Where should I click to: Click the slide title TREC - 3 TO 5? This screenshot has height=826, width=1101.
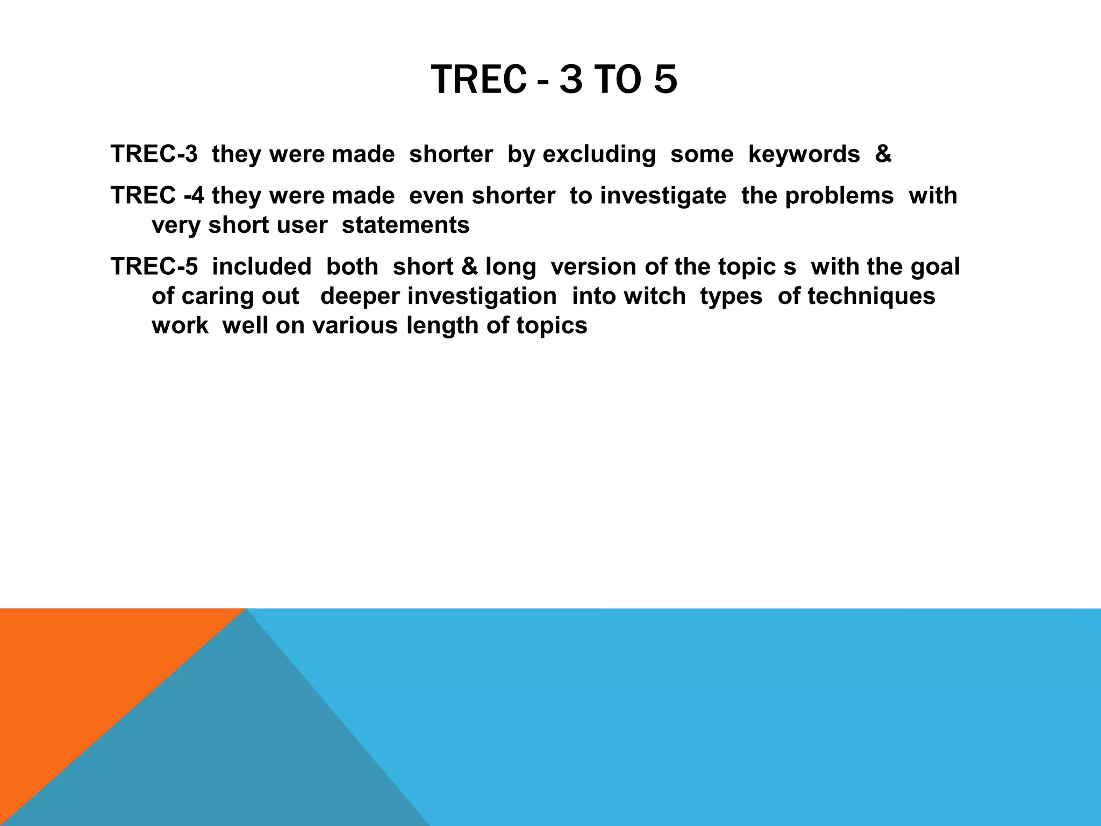coord(554,80)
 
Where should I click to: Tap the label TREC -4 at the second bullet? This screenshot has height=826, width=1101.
coord(157,195)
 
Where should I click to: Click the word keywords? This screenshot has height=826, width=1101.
coord(804,154)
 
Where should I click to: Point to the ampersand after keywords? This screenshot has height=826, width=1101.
coord(883,154)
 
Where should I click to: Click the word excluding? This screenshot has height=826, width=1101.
coord(599,154)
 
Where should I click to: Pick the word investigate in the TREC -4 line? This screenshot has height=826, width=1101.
coord(663,195)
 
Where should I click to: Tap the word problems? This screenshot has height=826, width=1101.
coord(839,195)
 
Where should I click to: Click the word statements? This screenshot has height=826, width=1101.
coord(406,225)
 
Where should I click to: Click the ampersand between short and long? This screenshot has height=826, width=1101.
coord(462,267)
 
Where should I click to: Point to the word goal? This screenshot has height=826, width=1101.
coord(935,267)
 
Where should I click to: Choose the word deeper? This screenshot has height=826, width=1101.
coord(356,296)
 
